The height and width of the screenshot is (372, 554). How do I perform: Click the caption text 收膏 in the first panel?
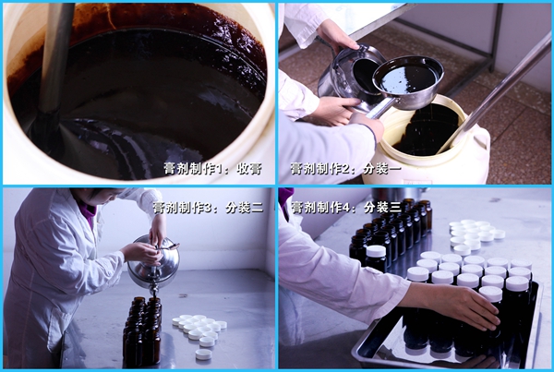249,169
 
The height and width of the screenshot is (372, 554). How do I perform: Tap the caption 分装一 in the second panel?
382,169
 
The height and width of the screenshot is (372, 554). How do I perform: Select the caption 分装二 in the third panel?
245,208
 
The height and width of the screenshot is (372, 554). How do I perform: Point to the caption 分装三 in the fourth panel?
382,208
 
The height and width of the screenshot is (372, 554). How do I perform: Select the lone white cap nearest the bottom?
203,354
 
